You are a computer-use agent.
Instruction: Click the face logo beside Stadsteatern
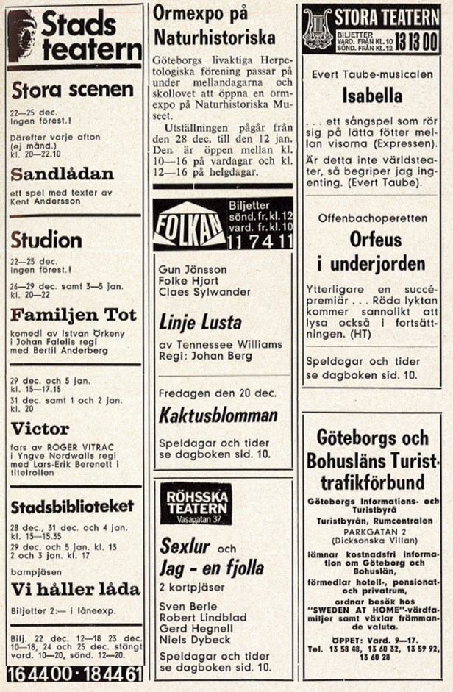(21, 35)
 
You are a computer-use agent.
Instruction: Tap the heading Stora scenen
(72, 90)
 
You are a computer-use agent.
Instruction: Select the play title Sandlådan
(63, 174)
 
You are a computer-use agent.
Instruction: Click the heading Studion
(46, 239)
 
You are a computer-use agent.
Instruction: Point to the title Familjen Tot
(74, 315)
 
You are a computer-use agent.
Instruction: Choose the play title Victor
(40, 428)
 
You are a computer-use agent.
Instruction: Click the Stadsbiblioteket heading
(73, 506)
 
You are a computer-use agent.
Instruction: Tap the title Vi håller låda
(75, 589)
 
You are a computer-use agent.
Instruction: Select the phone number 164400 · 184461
(74, 674)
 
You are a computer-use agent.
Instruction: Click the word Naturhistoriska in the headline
(215, 38)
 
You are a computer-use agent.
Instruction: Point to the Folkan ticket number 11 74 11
(260, 241)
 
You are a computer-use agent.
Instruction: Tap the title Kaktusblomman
(218, 415)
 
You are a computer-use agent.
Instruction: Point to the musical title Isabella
(372, 96)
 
